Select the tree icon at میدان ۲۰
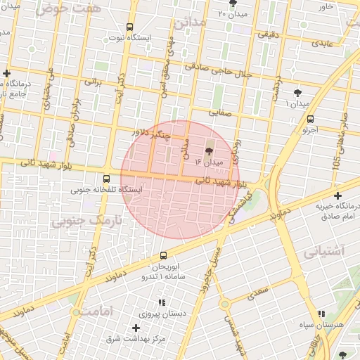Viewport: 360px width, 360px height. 233,4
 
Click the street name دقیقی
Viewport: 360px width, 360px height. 269,33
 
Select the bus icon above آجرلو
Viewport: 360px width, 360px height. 311,119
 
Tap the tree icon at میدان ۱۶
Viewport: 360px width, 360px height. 208,150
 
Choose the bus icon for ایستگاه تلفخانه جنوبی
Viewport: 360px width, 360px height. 106,179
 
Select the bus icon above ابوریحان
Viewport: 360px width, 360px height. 164,255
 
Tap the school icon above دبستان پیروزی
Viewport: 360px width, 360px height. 162,302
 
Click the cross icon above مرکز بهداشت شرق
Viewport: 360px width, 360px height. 136,328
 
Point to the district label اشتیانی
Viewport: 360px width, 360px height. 325,250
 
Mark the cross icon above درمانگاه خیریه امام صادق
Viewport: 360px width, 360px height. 337,195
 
